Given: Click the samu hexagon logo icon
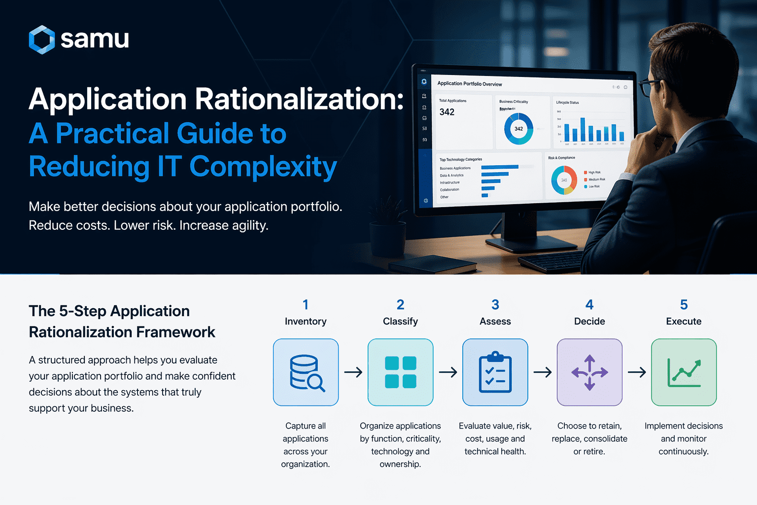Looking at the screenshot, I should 41,39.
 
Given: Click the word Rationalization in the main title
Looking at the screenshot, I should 299,99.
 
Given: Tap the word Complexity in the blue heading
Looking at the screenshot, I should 263,167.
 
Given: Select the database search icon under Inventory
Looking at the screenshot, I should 306,372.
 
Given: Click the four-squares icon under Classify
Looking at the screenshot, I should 400,372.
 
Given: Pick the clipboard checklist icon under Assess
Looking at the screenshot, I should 495,372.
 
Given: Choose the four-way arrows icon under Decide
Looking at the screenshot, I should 589,372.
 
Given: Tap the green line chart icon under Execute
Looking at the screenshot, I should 684,372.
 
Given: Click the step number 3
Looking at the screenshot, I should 495,305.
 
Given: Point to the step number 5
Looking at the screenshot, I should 684,305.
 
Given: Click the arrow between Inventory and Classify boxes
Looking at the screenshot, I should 353,372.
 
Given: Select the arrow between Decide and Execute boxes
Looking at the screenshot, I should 637,372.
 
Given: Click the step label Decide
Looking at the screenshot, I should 589,322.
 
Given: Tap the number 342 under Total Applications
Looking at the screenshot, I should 447,112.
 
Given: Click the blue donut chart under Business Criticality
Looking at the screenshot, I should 518,129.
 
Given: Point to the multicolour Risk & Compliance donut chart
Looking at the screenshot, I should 564,180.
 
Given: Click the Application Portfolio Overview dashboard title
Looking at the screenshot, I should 470,84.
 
